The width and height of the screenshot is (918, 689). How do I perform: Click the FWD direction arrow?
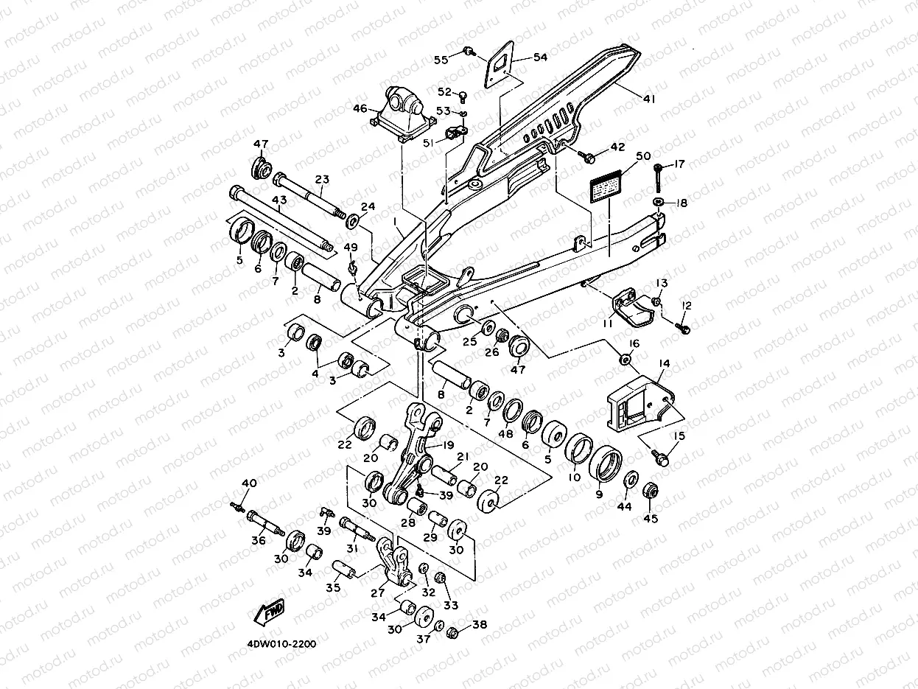pyautogui.click(x=270, y=611)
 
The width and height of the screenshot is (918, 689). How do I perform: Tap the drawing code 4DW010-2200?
pyautogui.click(x=281, y=643)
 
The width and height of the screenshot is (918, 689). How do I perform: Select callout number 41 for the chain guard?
pyautogui.click(x=648, y=98)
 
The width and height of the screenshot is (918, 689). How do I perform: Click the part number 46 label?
pyautogui.click(x=360, y=109)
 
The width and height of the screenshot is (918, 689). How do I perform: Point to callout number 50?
pyautogui.click(x=642, y=156)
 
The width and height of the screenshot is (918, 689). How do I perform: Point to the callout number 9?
pyautogui.click(x=598, y=494)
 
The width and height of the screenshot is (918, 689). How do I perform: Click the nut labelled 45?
pyautogui.click(x=650, y=491)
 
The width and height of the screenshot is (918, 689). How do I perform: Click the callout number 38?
pyautogui.click(x=480, y=625)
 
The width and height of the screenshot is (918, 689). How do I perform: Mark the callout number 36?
pyautogui.click(x=258, y=540)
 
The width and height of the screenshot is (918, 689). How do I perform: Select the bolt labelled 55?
pyautogui.click(x=469, y=50)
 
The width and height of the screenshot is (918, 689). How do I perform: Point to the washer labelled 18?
pyautogui.click(x=657, y=201)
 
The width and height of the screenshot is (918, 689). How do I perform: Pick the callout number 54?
pyautogui.click(x=540, y=57)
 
